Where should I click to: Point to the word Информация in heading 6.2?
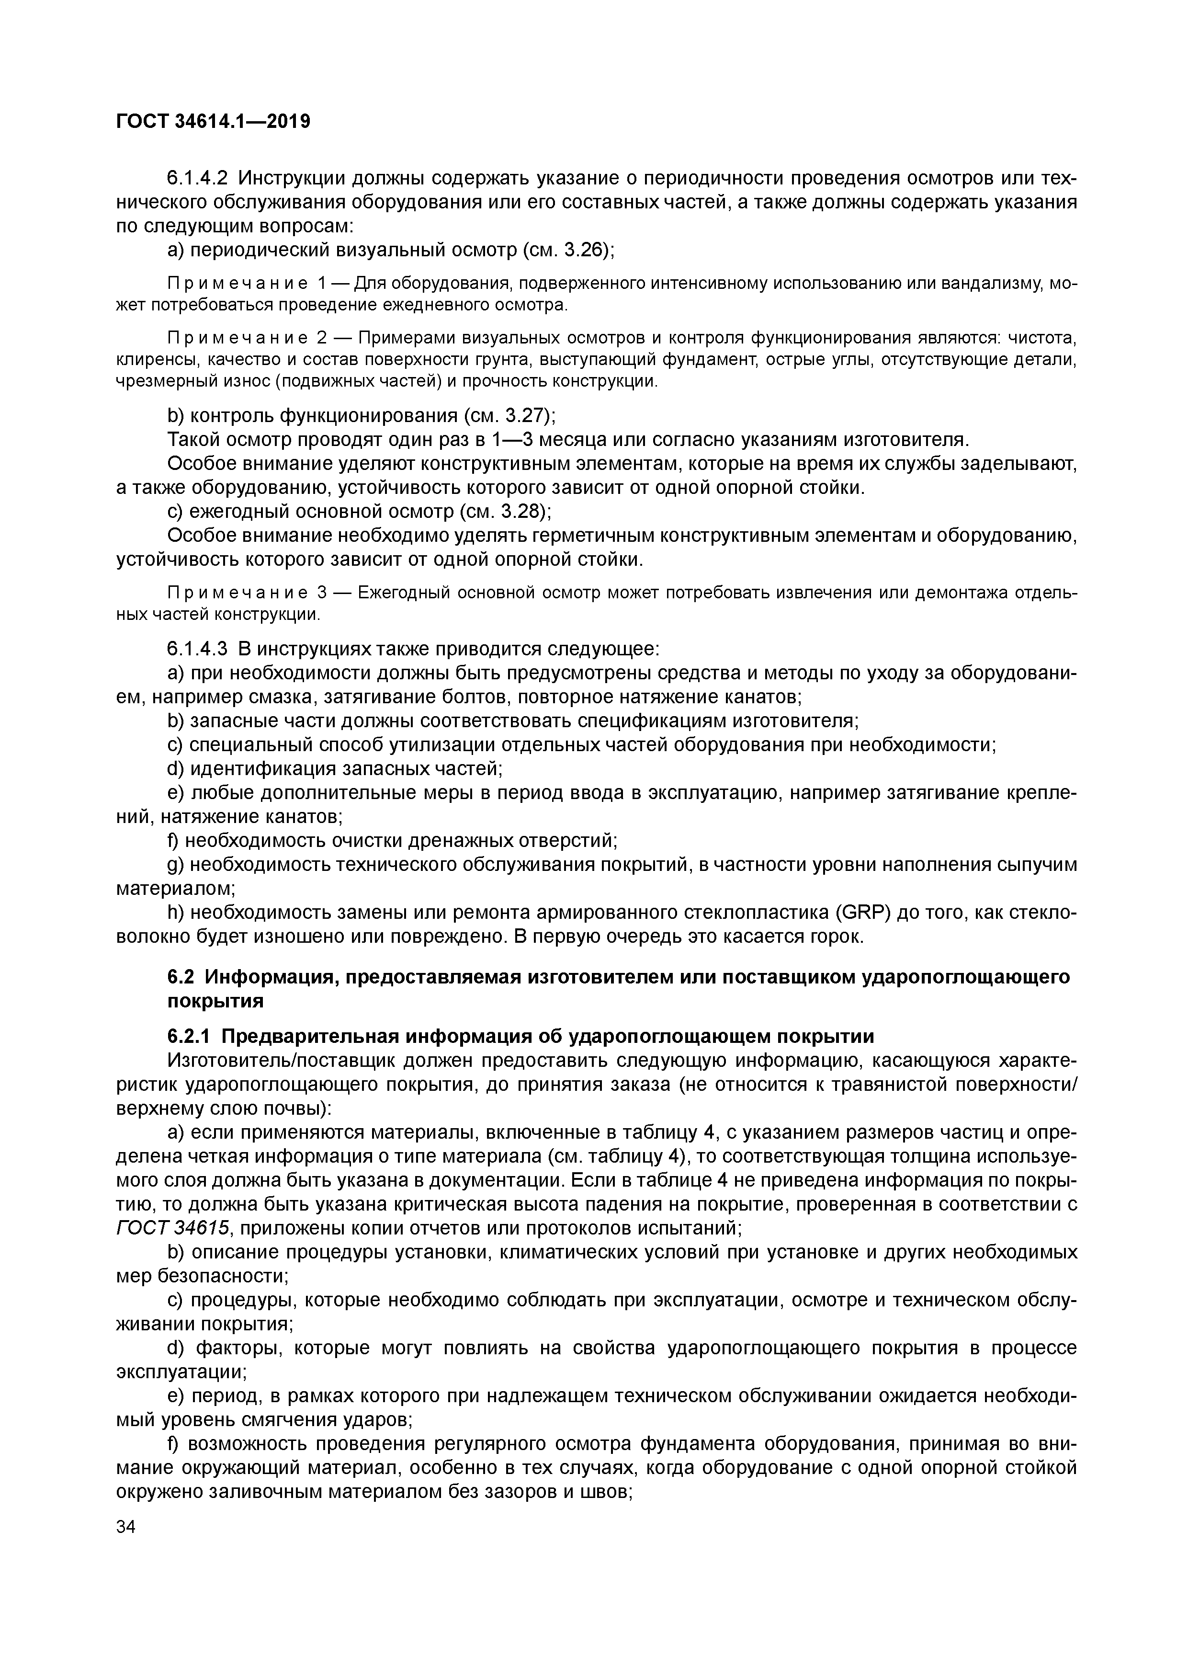tap(266, 977)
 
